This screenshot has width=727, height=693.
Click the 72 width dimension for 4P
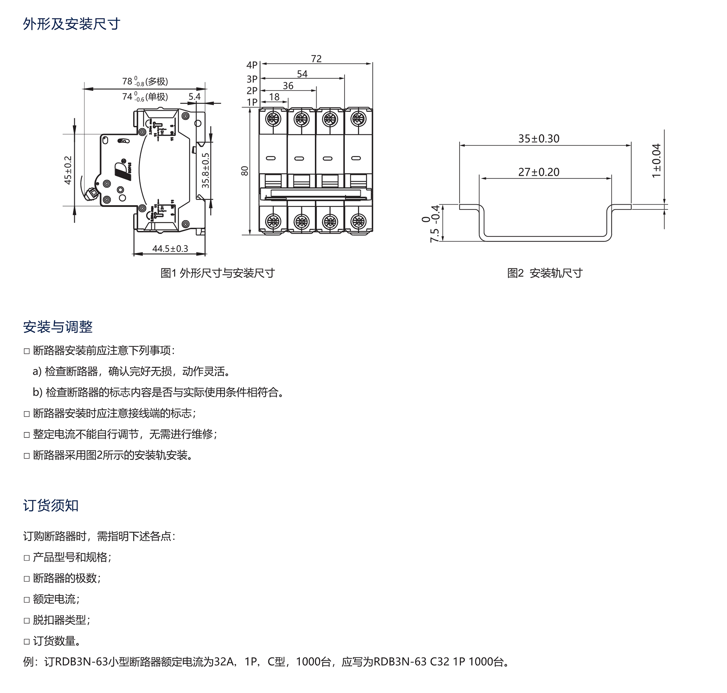[316, 59]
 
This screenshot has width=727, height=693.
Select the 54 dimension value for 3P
[302, 74]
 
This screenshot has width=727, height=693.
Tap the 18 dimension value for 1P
[274, 97]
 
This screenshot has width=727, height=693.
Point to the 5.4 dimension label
[194, 97]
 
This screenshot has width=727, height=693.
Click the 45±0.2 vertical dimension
[68, 170]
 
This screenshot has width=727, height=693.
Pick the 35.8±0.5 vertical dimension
[206, 170]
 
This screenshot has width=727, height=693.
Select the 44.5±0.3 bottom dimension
[170, 249]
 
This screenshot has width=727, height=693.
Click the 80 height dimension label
[245, 171]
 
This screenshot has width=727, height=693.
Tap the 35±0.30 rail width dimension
[539, 139]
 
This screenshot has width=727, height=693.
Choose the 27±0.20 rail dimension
[539, 172]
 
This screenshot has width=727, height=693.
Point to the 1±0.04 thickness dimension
[656, 161]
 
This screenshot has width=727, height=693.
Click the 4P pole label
[252, 65]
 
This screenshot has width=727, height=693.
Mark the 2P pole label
[252, 91]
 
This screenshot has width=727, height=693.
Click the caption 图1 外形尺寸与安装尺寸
[218, 273]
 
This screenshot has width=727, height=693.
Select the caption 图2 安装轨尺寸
[545, 273]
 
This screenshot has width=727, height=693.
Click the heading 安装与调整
[57, 327]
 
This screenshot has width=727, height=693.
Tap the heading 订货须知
[51, 505]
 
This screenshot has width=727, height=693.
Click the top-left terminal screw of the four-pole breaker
[273, 119]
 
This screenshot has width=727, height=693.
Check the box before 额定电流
[27, 600]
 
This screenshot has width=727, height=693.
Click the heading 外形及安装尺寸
[72, 24]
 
